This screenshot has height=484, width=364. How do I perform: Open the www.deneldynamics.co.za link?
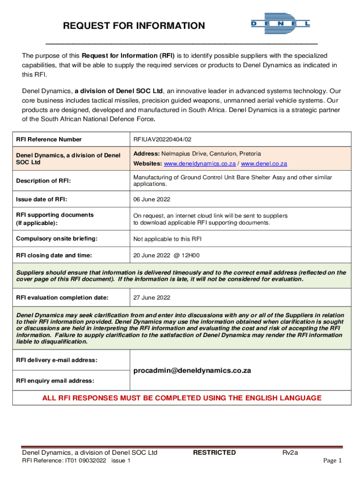click(x=199, y=164)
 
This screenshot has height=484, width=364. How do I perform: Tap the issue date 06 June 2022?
click(x=151, y=199)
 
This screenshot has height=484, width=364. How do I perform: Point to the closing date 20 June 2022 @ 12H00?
click(x=166, y=255)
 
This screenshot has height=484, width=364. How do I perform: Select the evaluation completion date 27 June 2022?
click(x=151, y=298)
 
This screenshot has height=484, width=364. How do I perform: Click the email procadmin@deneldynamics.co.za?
click(x=192, y=371)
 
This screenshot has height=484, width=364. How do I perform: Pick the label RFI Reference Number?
click(x=49, y=139)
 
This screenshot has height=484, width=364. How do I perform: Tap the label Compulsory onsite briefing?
click(x=57, y=239)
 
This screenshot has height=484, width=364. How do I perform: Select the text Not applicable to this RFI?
click(x=167, y=239)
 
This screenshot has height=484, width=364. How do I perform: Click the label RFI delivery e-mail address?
click(x=57, y=360)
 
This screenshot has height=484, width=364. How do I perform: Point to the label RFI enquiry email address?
click(x=55, y=381)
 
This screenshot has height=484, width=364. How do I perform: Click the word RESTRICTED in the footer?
click(x=214, y=452)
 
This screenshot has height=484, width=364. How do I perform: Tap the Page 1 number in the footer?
click(x=332, y=461)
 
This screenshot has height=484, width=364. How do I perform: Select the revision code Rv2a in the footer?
click(x=290, y=452)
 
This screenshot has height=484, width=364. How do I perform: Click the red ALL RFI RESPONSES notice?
click(x=182, y=398)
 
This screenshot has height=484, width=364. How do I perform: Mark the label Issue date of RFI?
click(x=44, y=199)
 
